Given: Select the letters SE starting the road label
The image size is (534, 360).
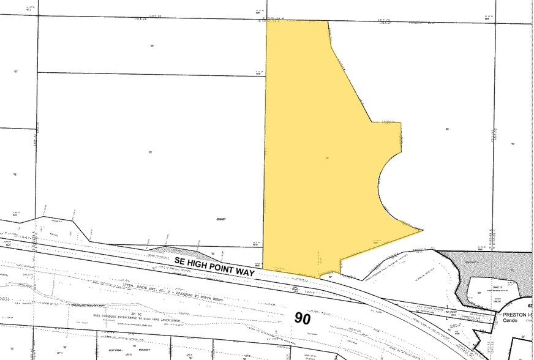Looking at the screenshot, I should point(179,260).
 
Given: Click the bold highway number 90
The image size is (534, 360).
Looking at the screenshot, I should point(303,318).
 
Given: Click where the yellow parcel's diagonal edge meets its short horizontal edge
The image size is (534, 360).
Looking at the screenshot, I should point(370,122).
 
